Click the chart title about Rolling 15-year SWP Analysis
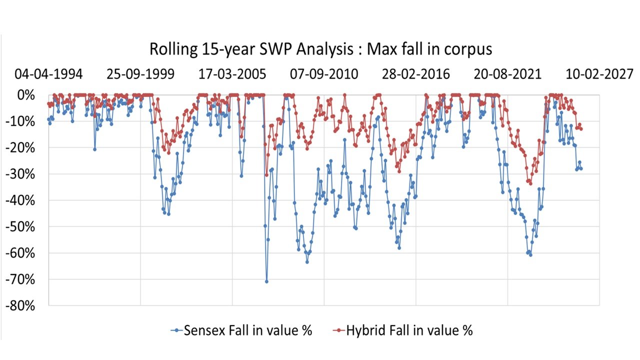pyautogui.click(x=320, y=49)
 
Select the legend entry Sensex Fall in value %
pyautogui.click(x=247, y=330)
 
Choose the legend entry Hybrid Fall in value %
pyautogui.click(x=409, y=330)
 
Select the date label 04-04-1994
pyautogui.click(x=48, y=74)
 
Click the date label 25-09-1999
pyautogui.click(x=140, y=74)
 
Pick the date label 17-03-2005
pyautogui.click(x=232, y=74)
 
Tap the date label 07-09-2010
pyautogui.click(x=324, y=74)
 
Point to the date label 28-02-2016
pyautogui.click(x=416, y=74)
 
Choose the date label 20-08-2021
pyautogui.click(x=508, y=74)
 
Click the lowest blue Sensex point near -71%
pyautogui.click(x=266, y=281)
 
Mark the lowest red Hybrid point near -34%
pyautogui.click(x=530, y=183)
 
